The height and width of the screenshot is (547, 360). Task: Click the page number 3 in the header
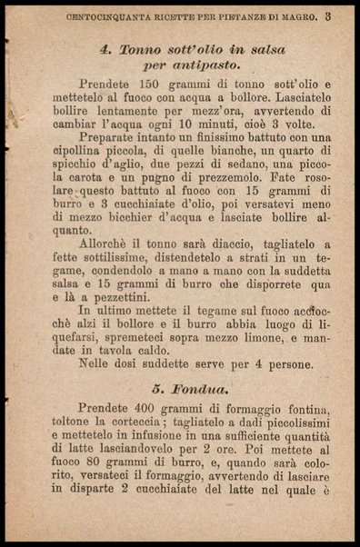point(327,15)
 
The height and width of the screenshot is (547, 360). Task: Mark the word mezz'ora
point(196,109)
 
